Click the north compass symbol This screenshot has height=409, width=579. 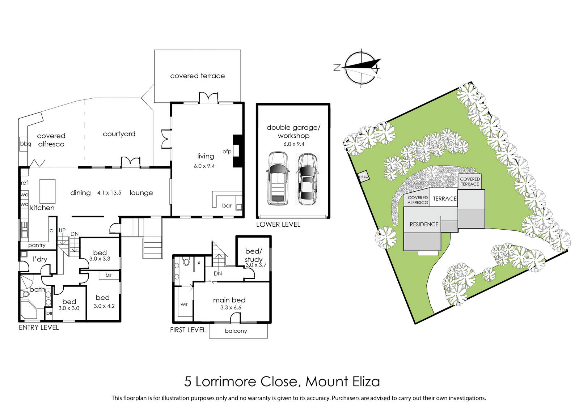point(362,68)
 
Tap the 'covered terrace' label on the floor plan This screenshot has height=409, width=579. point(198,76)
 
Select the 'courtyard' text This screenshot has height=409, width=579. point(119,134)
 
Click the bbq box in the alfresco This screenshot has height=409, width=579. point(24,144)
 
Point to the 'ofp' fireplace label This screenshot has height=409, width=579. point(227,152)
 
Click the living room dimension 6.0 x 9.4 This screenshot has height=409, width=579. point(204,166)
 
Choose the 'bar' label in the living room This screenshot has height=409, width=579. point(227,206)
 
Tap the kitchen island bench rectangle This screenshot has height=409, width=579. point(47,191)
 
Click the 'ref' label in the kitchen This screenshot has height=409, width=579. point(24,183)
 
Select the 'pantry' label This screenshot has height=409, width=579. point(37,245)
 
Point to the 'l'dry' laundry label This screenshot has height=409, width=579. point(40,259)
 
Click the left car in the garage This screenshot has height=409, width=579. point(278,178)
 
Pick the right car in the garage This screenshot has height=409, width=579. point(307,179)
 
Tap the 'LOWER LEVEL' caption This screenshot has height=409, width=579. point(278,225)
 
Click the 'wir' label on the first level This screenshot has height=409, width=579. point(184,304)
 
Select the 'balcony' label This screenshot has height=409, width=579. point(236,331)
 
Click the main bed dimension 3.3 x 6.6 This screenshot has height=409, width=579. point(231,308)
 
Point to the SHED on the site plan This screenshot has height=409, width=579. point(363,176)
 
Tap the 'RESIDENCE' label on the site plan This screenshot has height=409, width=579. point(424,225)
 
